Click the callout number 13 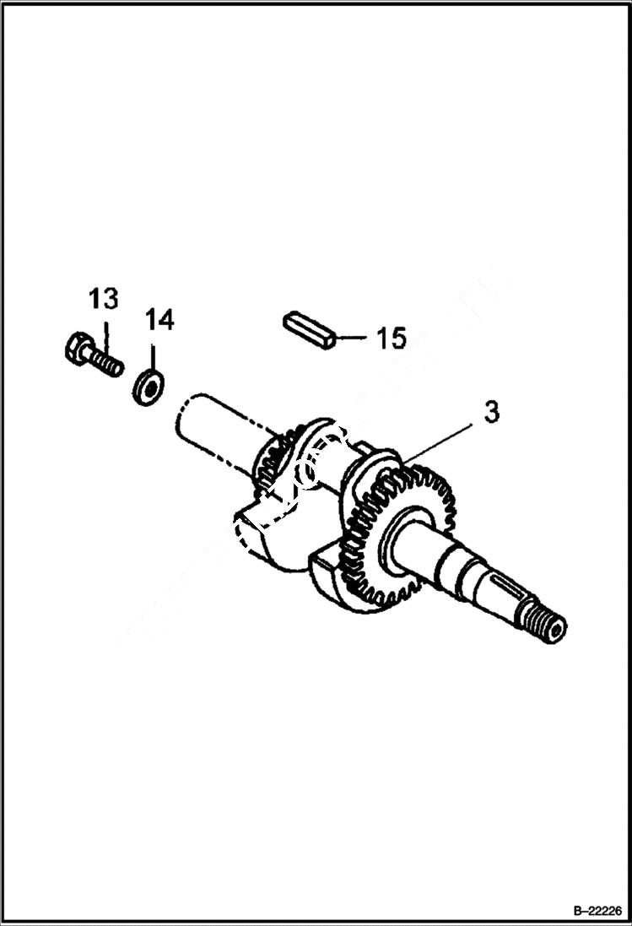(104, 299)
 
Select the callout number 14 (159, 320)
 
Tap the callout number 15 (391, 338)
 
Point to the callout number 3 (491, 412)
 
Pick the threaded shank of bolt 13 (106, 363)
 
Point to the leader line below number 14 (152, 353)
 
